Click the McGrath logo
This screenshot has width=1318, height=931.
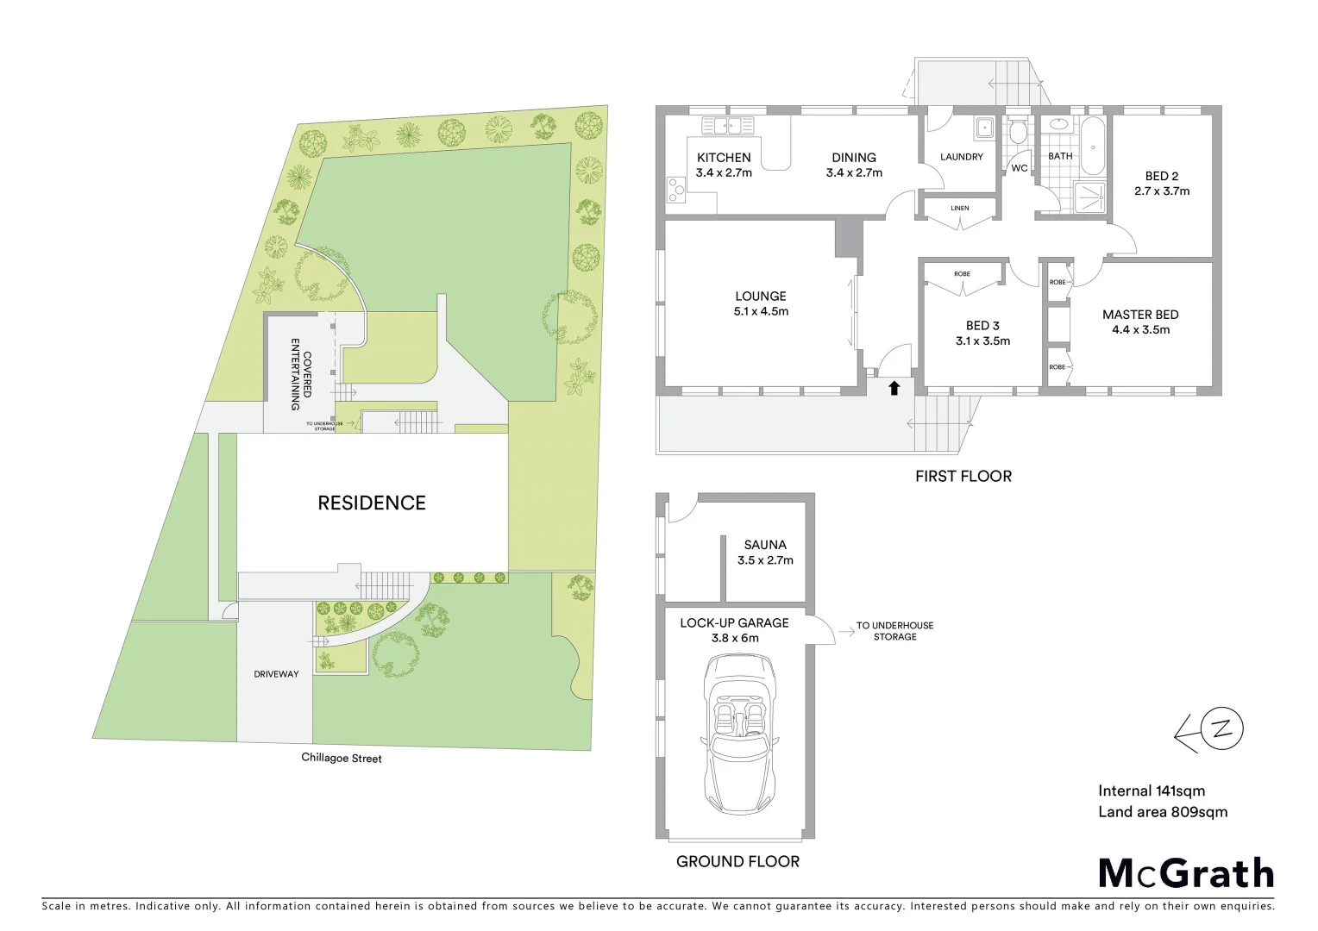tap(1186, 873)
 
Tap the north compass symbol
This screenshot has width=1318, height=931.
tap(1221, 729)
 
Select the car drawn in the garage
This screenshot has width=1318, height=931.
tap(738, 734)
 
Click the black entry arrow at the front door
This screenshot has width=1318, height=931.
tap(894, 388)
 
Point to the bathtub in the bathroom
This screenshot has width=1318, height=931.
tap(1093, 146)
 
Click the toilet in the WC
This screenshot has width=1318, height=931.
tap(1019, 132)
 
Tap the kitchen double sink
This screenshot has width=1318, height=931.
tap(728, 126)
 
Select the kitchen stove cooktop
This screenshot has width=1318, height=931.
tap(675, 189)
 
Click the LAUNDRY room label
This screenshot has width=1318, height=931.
tap(961, 157)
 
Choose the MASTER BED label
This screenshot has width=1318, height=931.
tap(1140, 315)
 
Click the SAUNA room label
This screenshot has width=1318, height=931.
tap(765, 545)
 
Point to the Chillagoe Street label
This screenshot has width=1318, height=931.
tap(342, 758)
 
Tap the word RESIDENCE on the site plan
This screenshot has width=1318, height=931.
tap(372, 503)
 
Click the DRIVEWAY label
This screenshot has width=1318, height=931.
tap(276, 674)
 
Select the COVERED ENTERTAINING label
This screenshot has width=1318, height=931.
tap(301, 373)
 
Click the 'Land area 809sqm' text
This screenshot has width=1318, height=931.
tap(1162, 812)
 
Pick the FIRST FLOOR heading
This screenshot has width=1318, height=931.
tap(963, 476)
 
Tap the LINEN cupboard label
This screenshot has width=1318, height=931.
tap(960, 208)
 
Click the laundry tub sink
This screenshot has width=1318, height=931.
tap(984, 128)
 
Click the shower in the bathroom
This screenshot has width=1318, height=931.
tap(1090, 197)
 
